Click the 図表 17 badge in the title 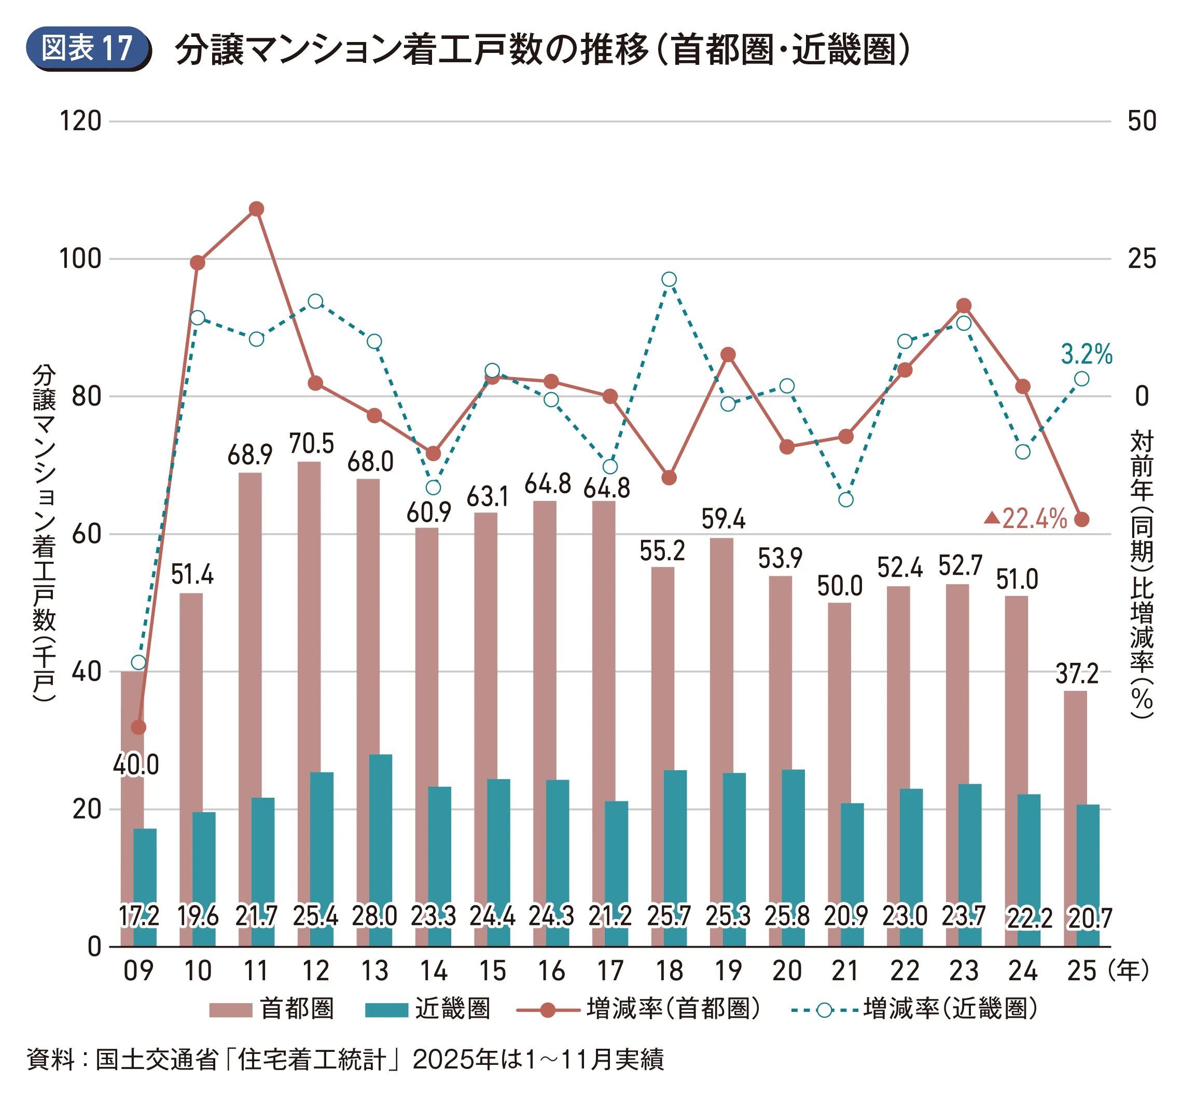click(x=88, y=48)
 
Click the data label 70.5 click(x=312, y=444)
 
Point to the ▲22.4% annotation click(x=1026, y=519)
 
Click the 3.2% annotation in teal click(x=1086, y=354)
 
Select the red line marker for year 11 click(x=256, y=209)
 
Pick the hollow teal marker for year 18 click(x=669, y=280)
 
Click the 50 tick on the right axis click(x=1142, y=122)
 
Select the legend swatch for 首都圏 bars click(x=230, y=1010)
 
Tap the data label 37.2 click(x=1077, y=674)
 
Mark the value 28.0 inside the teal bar click(x=374, y=917)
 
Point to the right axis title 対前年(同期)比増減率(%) click(x=1142, y=573)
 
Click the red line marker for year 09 click(x=138, y=727)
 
